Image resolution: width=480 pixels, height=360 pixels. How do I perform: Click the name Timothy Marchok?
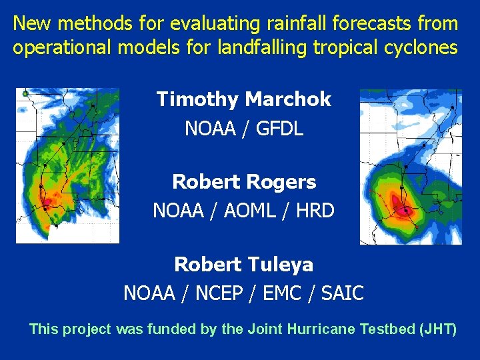(x=243, y=100)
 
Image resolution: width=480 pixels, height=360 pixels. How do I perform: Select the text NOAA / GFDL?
(x=243, y=128)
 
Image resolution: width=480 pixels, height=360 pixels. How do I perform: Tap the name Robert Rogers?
(x=243, y=182)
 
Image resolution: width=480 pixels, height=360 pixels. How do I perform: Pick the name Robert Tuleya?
(x=243, y=265)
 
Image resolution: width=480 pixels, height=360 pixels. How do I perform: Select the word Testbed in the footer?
(x=387, y=329)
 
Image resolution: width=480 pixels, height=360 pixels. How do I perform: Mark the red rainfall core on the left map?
(x=47, y=199)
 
